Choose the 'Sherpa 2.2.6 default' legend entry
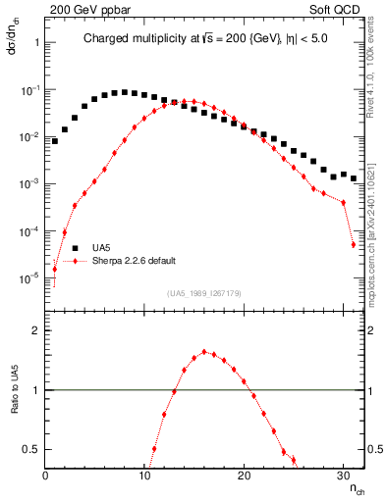pos(135,261)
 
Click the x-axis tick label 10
pos(144,476)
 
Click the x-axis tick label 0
pos(45,476)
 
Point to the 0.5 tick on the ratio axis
pos(30,449)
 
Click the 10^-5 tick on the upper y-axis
pos(27,278)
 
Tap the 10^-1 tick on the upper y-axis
pos(27,89)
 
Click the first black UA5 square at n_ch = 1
pos(55,141)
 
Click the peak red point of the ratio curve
pos(204,351)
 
